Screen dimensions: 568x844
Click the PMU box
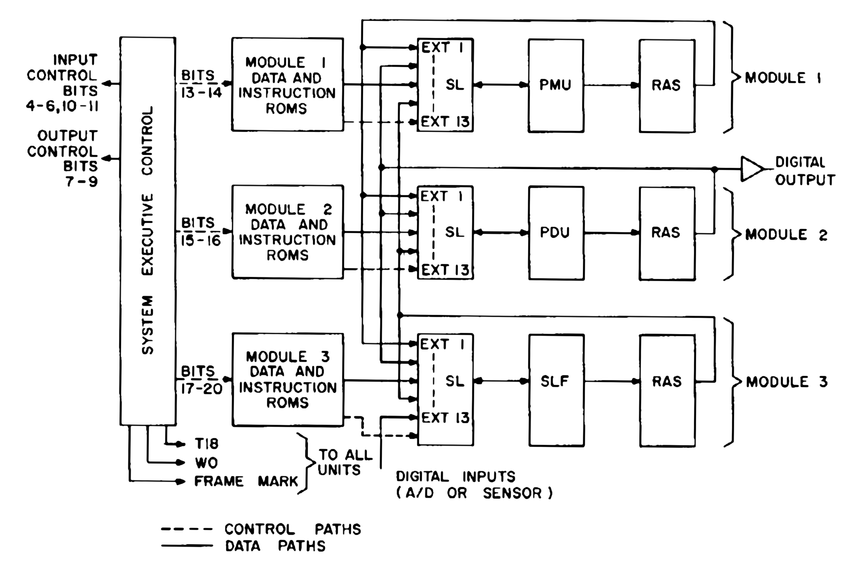click(555, 86)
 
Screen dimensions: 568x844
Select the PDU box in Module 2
click(556, 233)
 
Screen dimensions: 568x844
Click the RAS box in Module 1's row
click(666, 86)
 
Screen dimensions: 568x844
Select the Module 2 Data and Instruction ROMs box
click(287, 232)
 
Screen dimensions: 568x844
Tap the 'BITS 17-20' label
click(201, 380)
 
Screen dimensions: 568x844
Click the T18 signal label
click(206, 443)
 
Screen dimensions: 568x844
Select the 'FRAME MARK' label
click(246, 482)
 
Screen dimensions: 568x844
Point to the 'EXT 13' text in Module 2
click(445, 270)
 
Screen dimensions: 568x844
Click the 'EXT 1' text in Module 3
click(442, 345)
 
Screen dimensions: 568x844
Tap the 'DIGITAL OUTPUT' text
click(804, 171)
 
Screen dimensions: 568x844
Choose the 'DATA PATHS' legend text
click(275, 546)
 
